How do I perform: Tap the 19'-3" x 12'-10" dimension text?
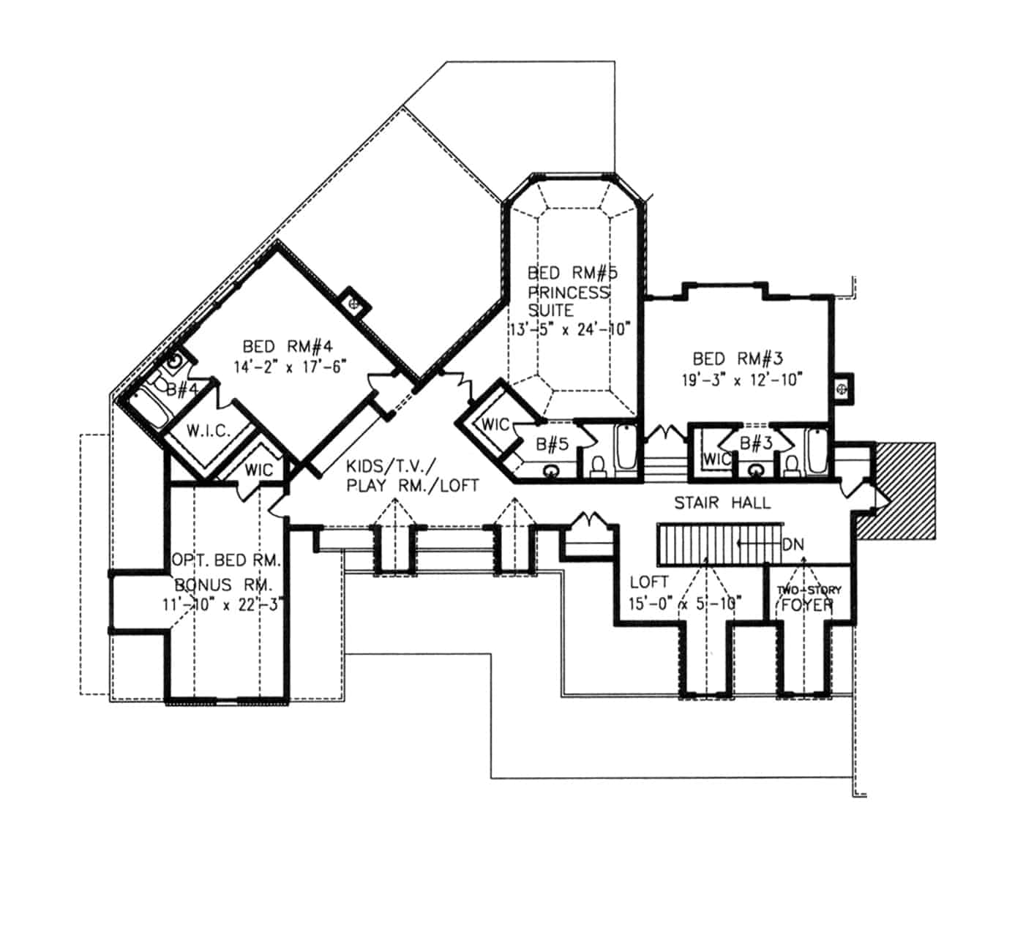tap(738, 379)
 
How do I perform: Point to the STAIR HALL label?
tap(722, 503)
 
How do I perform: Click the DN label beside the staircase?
tap(793, 544)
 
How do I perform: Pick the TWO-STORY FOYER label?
tap(809, 597)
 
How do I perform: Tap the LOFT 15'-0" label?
tap(649, 582)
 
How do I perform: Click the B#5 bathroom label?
tap(552, 443)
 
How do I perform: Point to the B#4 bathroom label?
tap(181, 389)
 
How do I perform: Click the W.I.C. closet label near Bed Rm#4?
tap(208, 431)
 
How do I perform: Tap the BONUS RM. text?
tap(223, 585)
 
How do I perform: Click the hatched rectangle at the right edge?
tap(904, 490)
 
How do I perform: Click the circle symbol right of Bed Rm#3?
tap(842, 388)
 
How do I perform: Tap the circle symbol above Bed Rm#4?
tap(354, 302)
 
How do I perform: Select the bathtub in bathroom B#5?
tap(625, 448)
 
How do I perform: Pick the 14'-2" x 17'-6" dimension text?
tap(289, 366)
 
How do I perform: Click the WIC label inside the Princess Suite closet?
tap(495, 424)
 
